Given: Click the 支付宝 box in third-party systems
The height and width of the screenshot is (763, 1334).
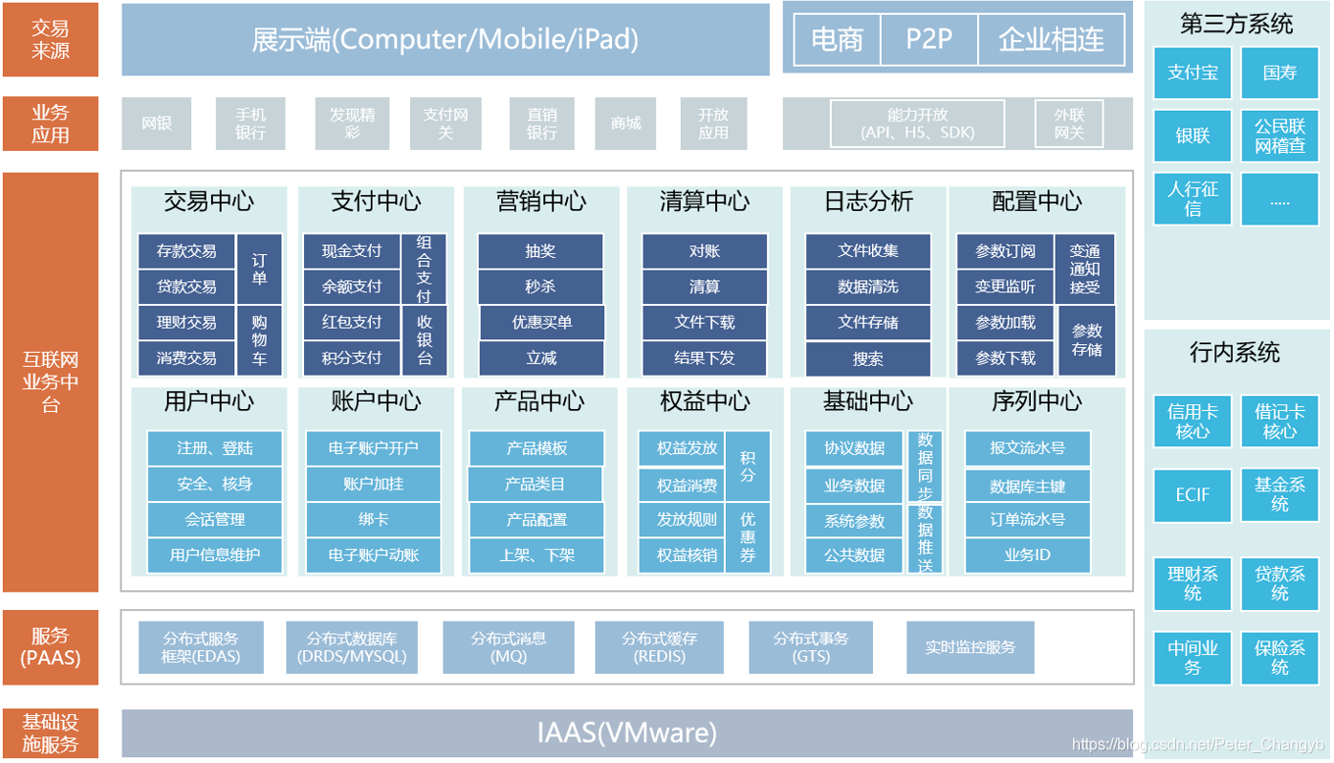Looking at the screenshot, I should point(1192,73).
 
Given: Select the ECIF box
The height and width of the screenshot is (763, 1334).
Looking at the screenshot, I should point(1192,494).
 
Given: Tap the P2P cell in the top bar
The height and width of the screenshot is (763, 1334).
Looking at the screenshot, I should point(929,39).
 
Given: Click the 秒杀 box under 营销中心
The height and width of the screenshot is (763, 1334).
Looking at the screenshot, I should point(540,287).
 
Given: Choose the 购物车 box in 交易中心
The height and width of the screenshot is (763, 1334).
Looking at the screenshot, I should point(260,340).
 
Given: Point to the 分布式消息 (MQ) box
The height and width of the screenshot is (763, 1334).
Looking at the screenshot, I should point(508,647).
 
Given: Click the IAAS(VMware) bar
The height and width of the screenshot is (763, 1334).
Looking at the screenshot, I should point(627,733).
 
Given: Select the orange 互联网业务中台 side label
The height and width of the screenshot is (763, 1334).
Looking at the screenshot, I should point(50,382).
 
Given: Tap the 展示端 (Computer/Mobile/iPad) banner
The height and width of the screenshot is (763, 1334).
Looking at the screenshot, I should point(445,39).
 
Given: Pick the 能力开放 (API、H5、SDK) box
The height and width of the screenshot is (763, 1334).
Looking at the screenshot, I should point(917,124).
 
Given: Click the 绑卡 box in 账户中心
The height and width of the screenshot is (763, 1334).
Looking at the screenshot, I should point(373,520).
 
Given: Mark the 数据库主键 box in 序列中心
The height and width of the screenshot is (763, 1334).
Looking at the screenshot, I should point(1027,485).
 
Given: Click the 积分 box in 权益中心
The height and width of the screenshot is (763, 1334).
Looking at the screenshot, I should point(748,466).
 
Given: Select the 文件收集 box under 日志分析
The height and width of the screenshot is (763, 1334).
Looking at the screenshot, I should point(868,251).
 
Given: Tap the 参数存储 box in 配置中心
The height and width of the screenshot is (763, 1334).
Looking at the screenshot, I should point(1087,340).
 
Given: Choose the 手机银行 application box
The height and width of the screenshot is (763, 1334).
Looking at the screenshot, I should point(250,124).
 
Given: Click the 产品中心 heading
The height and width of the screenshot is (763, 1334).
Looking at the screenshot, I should point(539,401).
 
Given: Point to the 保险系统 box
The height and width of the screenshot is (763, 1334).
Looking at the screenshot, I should point(1279,657).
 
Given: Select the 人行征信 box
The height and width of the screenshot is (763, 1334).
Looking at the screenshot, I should point(1192,198).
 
